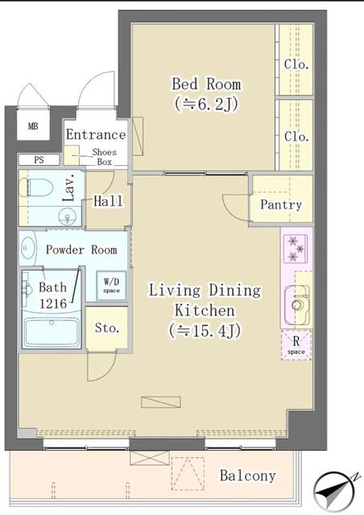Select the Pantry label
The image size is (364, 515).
tap(280, 204)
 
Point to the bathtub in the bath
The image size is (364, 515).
tap(51, 332)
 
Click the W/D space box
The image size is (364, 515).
tap(111, 286)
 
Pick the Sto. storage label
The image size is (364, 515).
tap(106, 328)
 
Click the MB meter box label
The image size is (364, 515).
tap(33, 126)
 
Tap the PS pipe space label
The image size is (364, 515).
tap(39, 160)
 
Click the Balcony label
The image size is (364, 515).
tap(247, 476)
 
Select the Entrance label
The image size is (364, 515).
tap(96, 134)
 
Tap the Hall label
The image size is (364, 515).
tap(108, 201)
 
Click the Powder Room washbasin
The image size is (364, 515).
tap(29, 249)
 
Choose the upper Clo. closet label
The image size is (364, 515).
tap(296, 64)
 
